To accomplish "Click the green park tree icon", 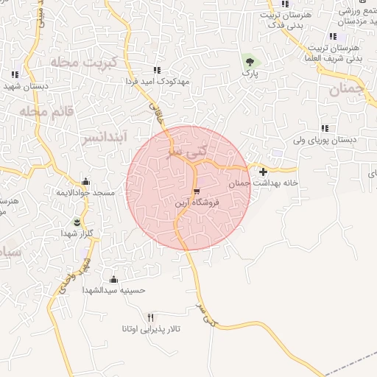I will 249,62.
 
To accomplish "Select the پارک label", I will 249,74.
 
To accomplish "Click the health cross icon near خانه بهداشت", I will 263,172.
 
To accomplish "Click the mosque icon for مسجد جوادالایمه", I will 86,182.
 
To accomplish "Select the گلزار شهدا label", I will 77,233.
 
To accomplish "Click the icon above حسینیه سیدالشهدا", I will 113,279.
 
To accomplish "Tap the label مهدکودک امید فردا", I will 157,81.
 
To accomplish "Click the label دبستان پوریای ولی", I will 324,139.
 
